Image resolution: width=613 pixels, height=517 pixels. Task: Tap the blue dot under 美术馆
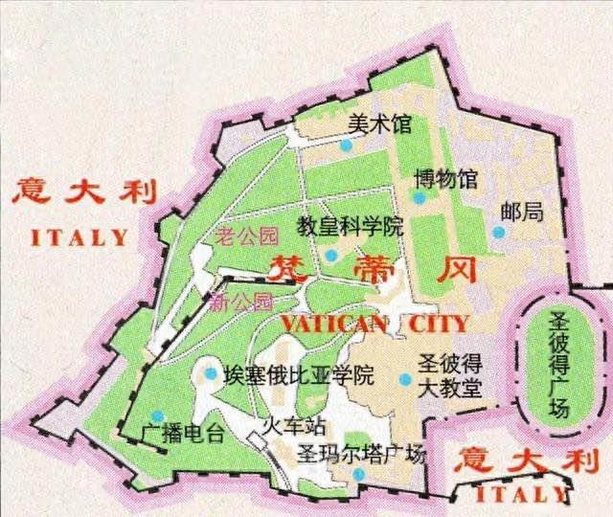point(346,145)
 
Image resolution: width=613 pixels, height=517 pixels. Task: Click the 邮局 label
point(526,212)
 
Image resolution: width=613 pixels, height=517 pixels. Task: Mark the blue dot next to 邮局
point(497,231)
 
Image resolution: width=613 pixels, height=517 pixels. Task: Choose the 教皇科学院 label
point(349,227)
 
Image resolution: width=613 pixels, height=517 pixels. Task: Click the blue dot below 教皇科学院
point(330,255)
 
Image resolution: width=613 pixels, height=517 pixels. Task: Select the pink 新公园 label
point(241,303)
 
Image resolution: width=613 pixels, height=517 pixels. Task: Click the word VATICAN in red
point(332,324)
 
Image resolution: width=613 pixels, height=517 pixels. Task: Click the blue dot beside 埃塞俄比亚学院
point(211,373)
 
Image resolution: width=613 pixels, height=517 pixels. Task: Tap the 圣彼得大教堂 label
point(450,376)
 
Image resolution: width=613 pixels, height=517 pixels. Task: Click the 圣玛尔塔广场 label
point(359,454)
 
